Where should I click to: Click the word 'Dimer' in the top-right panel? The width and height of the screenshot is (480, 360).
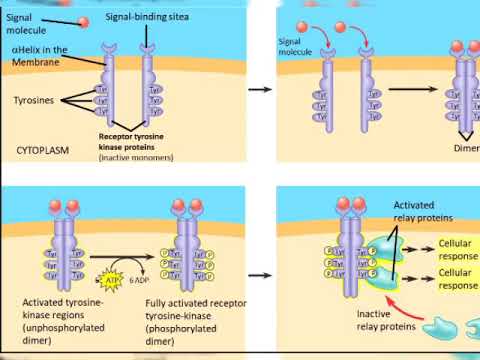[x=467, y=148]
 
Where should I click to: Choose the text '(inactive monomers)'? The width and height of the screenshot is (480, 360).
[x=136, y=158]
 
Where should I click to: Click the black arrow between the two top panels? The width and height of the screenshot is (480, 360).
[x=259, y=90]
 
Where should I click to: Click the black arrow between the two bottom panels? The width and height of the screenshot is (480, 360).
[x=259, y=269]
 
